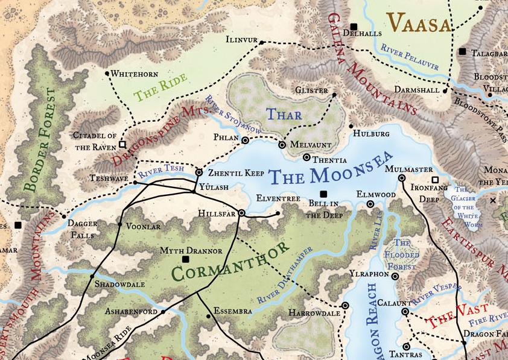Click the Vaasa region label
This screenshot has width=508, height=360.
[420, 24]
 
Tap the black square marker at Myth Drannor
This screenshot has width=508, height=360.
[186, 259]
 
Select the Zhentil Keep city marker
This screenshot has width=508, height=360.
[199, 172]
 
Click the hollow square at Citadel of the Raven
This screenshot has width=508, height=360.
[122, 145]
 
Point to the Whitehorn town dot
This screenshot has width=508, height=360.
[107, 74]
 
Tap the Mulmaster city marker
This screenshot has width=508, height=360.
[402, 178]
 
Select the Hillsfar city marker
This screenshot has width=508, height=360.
[241, 213]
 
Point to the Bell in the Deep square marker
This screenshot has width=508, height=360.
[323, 194]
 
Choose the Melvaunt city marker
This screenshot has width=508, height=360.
[281, 145]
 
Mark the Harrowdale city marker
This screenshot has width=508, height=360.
[345, 306]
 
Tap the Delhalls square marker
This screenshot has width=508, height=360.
[354, 27]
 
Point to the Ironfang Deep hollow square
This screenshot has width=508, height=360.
[434, 180]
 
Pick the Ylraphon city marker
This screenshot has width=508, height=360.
[395, 276]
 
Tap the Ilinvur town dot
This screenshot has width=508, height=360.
[262, 41]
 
